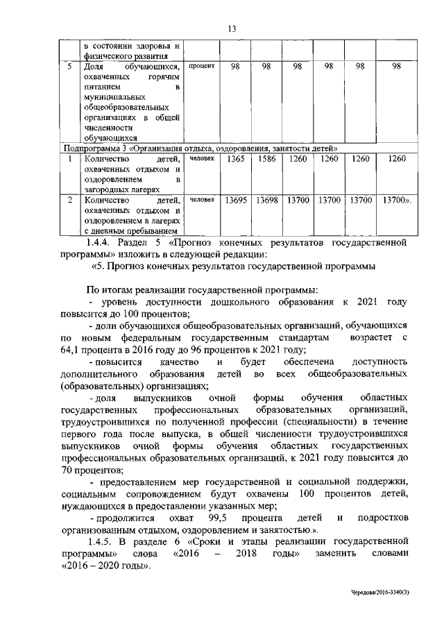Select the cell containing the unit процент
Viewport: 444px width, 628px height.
[203, 66]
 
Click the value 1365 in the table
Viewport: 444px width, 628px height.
[236, 159]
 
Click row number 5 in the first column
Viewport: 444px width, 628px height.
[68, 66]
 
